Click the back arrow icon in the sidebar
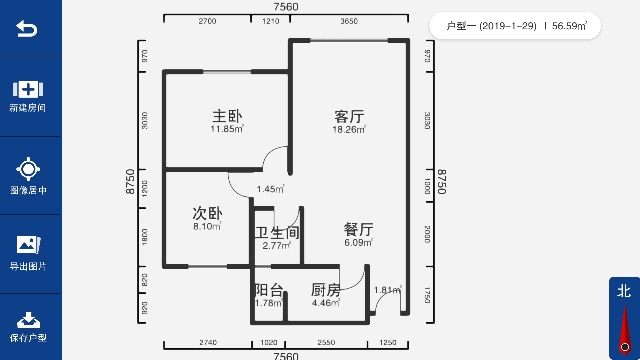[x=28, y=29]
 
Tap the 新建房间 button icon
[x=28, y=88]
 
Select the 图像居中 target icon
[x=28, y=168]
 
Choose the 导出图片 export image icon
[x=28, y=244]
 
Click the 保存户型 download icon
[x=28, y=320]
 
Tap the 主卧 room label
[x=227, y=115]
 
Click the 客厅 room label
[x=349, y=115]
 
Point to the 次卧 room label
[x=207, y=213]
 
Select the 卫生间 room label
[x=277, y=232]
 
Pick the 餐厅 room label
[x=358, y=229]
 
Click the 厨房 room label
[x=326, y=290]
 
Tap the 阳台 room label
[x=268, y=290]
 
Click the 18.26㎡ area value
[x=349, y=129]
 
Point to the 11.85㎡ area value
[x=227, y=129]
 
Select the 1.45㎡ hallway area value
[x=270, y=189]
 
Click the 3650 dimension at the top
[x=349, y=20]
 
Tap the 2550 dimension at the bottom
[x=326, y=342]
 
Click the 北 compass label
[x=624, y=292]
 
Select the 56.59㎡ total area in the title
[x=570, y=25]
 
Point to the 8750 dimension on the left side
[x=129, y=181]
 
